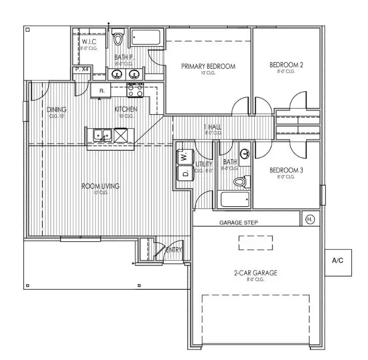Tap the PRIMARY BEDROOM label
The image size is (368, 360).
[208, 66]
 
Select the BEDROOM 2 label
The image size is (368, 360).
[286, 65]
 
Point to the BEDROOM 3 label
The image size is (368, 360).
[286, 170]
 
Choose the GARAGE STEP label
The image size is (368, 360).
[238, 222]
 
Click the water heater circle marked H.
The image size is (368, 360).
[309, 219]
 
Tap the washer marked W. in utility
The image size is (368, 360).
[182, 157]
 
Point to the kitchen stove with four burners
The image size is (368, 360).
[134, 90]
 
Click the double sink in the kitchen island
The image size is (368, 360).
[103, 135]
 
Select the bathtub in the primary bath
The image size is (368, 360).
[146, 38]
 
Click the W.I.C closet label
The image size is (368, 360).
[89, 41]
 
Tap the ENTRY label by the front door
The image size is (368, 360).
[173, 249]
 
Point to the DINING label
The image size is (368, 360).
[57, 110]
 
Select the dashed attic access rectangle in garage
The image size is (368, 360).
[255, 243]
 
